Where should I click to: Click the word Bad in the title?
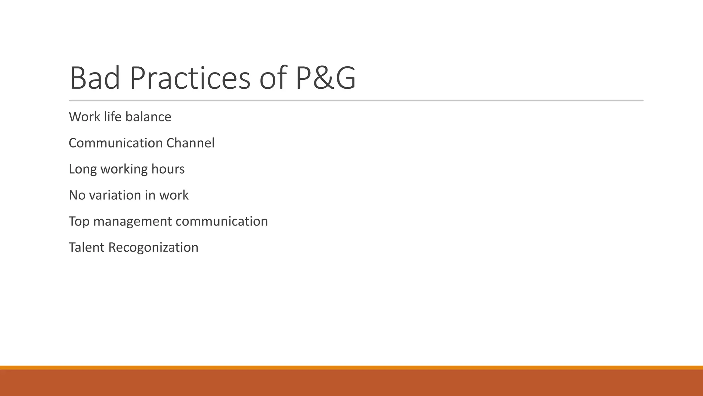[95, 78]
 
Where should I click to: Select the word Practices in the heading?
[190, 78]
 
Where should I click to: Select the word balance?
[148, 117]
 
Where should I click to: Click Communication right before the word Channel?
[116, 143]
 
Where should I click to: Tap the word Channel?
[191, 143]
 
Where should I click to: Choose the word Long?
[83, 169]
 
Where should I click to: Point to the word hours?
[168, 169]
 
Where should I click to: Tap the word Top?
[79, 221]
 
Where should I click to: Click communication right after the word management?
[222, 221]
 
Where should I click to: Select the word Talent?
[87, 247]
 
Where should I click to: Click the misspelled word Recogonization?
[153, 247]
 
